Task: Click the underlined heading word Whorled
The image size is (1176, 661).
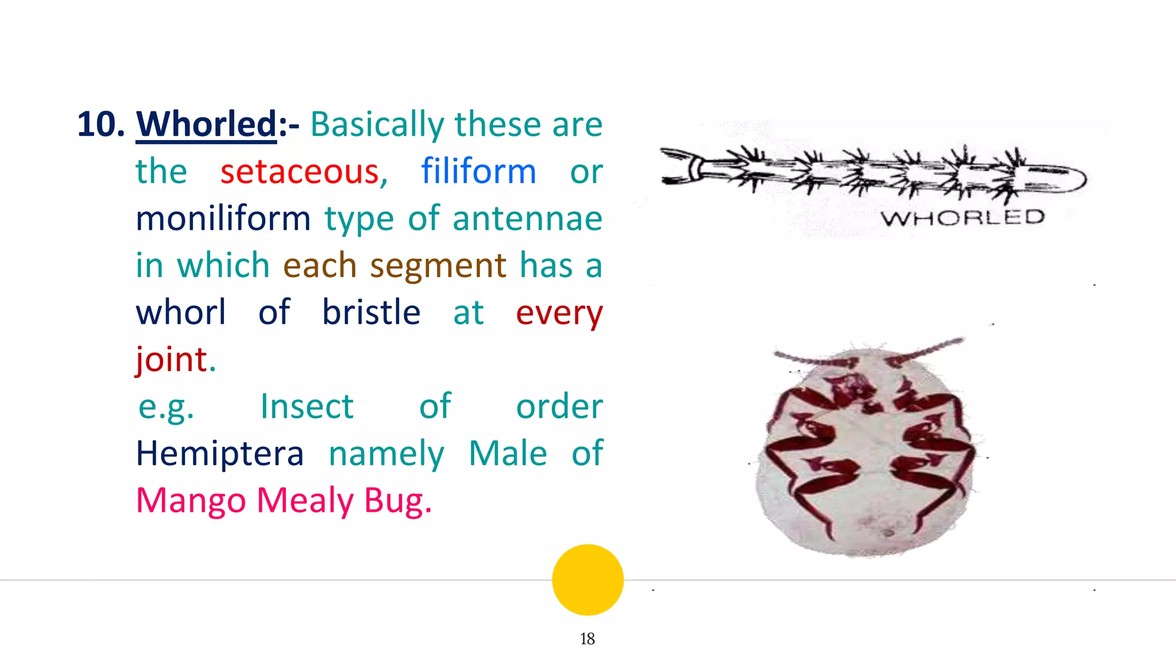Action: tap(207, 125)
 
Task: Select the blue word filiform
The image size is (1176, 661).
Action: tap(478, 172)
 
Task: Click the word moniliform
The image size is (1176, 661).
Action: tap(223, 219)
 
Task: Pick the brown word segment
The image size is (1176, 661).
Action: tap(438, 266)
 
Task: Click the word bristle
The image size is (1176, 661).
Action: tap(371, 313)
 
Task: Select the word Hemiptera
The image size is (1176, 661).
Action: tap(219, 454)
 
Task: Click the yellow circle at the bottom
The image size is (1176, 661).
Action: tap(587, 580)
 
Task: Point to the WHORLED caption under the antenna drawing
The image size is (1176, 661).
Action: tap(962, 218)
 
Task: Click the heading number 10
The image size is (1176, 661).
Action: tap(100, 125)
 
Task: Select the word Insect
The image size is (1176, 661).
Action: tap(307, 407)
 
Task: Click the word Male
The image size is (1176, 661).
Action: tap(508, 454)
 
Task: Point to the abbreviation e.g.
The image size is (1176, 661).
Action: tap(167, 407)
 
